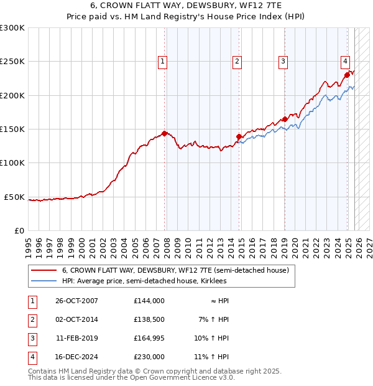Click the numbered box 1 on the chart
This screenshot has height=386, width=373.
coord(162,61)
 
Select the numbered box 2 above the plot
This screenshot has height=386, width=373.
coord(237,61)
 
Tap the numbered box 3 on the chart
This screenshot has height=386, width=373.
coord(283,61)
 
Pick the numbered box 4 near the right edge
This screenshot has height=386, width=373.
coord(344,61)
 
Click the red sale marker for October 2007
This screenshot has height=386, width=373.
coord(165,133)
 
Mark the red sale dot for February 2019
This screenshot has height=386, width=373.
coord(285,119)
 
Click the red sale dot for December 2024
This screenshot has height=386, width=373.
coord(347,75)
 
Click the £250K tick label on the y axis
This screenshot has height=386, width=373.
coord(12,62)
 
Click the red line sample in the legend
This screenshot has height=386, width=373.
coord(44,271)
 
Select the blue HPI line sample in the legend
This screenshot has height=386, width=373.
coord(44,281)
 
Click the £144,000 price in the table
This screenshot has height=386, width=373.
coord(149,301)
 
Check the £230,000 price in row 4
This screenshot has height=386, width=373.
coord(149,357)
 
